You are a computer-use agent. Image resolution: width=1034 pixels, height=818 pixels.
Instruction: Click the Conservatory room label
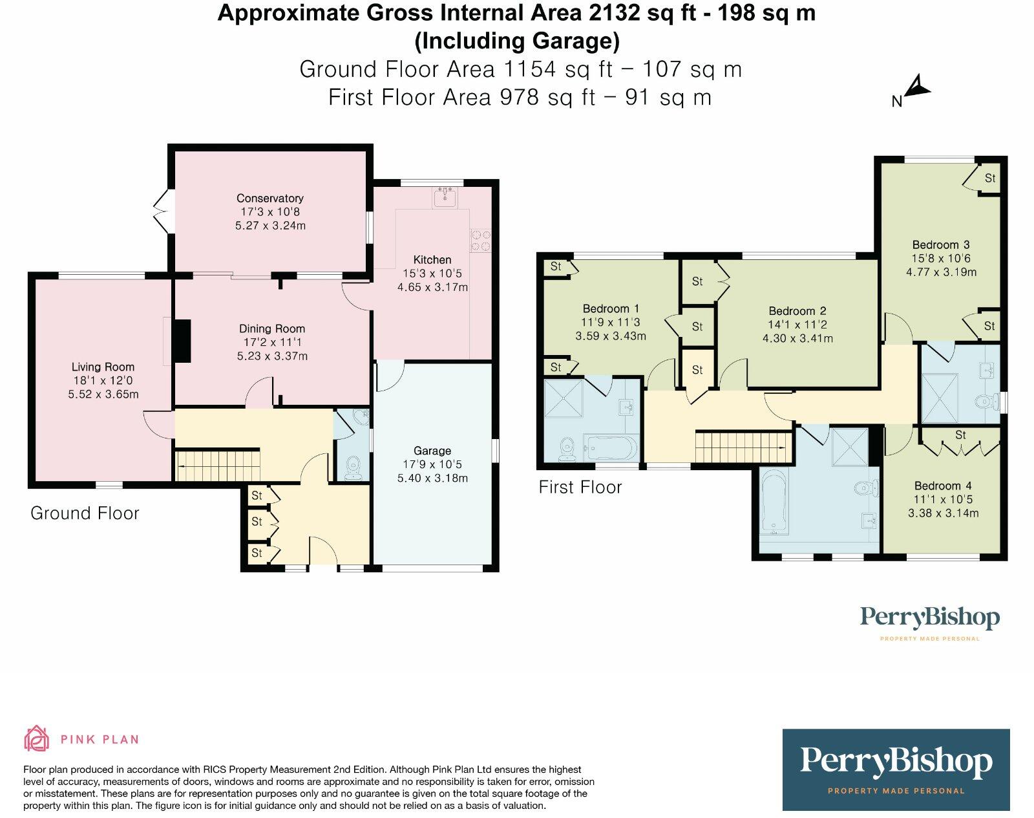point(269,199)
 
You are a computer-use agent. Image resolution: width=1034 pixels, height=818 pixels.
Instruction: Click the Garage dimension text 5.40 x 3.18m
point(432,479)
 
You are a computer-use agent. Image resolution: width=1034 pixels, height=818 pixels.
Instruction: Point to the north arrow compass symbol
point(916,87)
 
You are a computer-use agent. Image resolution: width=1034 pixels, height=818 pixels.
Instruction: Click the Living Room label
point(103,367)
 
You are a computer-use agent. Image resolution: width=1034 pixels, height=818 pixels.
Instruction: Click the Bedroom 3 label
point(940,244)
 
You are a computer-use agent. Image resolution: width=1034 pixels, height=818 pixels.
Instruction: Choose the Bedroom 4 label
point(942,486)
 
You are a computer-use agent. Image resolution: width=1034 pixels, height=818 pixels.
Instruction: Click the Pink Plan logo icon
point(37,738)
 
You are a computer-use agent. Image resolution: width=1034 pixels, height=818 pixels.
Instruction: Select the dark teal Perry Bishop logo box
point(896,770)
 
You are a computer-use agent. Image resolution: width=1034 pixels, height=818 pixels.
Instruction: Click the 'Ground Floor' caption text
point(85,513)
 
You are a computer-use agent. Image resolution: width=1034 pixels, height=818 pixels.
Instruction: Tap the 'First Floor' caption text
point(580,487)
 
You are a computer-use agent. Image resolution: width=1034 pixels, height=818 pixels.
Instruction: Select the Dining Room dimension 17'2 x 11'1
point(271,342)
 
